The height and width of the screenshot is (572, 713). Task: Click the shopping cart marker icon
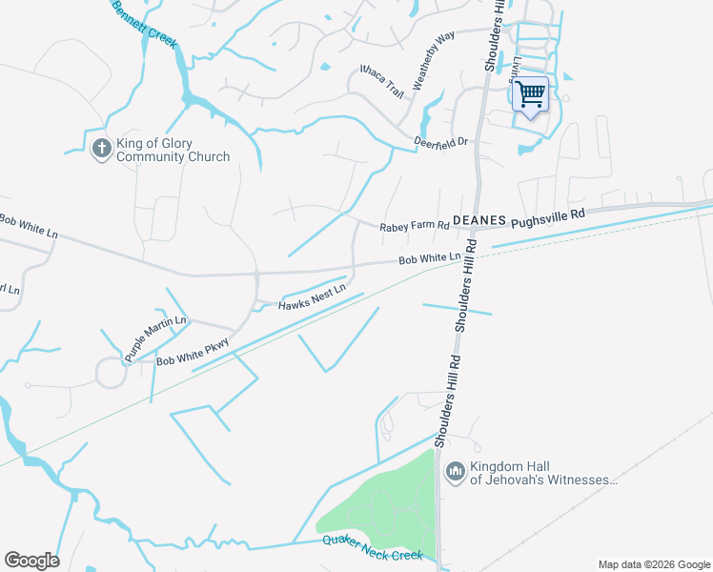(x=531, y=94)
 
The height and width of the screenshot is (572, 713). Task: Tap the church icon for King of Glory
(x=102, y=150)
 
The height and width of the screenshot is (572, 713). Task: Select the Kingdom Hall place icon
(x=455, y=471)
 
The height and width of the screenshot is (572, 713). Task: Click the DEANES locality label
(x=478, y=219)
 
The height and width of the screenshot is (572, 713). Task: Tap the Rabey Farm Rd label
(x=414, y=227)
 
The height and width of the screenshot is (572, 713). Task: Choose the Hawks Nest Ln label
(x=311, y=298)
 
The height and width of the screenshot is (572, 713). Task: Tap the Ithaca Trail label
(x=382, y=81)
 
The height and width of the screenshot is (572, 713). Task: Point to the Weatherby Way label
(x=433, y=59)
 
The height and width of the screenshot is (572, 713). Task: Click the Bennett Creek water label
(x=145, y=25)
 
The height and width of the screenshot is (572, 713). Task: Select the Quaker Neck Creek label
(x=372, y=548)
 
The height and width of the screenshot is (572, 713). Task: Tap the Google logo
(x=31, y=561)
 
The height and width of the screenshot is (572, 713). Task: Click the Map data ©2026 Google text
(x=653, y=564)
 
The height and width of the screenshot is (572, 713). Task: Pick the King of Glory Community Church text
(x=173, y=150)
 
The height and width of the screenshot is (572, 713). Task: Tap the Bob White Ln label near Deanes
(x=429, y=258)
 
